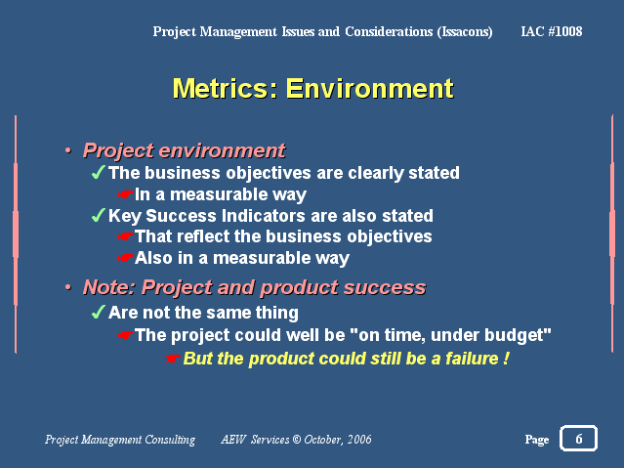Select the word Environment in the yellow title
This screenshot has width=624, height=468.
tap(370, 88)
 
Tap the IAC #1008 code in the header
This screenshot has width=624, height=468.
tap(552, 31)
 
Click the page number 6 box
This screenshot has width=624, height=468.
tap(578, 438)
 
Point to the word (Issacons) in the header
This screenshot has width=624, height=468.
tap(465, 32)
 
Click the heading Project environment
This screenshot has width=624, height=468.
tap(184, 150)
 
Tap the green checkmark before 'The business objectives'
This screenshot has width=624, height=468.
tap(98, 172)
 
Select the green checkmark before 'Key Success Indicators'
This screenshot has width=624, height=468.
tap(98, 215)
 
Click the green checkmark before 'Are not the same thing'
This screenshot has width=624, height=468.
tap(98, 312)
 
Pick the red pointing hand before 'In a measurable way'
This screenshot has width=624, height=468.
tap(125, 194)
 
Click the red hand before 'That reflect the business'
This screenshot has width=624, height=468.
tap(125, 236)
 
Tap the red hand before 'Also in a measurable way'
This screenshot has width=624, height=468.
tap(125, 258)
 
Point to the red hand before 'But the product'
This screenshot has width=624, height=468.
tap(172, 359)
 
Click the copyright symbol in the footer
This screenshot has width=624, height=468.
tap(297, 440)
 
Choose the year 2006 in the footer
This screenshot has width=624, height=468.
tap(359, 440)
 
